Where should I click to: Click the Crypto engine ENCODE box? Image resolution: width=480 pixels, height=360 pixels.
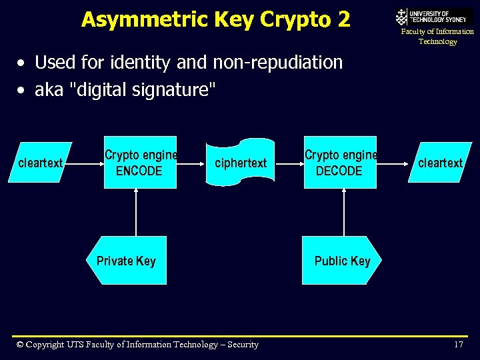pos(140,163)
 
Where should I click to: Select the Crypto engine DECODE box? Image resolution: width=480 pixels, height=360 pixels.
pos(340,163)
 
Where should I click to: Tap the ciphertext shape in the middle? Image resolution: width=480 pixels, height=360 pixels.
pos(240,162)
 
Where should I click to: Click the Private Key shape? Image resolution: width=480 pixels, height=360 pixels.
pos(127,261)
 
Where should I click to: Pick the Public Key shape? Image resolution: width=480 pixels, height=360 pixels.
pos(341,261)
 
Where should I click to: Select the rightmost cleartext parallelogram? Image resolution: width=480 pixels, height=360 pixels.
pos(441,162)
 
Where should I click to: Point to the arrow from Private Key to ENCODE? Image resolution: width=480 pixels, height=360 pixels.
pos(136,212)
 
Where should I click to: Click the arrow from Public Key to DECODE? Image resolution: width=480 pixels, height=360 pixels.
pos(344,212)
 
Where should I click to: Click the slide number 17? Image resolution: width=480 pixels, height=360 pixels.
pos(458,345)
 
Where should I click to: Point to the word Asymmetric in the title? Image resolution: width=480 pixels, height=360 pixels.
pos(133,19)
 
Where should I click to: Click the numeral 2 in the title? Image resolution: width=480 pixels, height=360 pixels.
pos(343,19)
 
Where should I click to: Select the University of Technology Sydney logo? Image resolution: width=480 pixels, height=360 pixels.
pos(434,17)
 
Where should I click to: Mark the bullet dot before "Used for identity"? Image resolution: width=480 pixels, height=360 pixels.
pos(23,63)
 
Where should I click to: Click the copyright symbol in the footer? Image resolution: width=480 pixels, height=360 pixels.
pos(20,345)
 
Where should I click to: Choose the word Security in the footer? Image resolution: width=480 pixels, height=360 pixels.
pos(243,345)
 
